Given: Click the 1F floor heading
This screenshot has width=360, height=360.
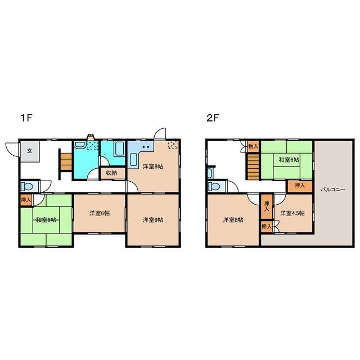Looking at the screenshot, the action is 26,118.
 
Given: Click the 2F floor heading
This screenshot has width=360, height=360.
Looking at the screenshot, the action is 213,118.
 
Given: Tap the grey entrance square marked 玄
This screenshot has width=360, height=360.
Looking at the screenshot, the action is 30,151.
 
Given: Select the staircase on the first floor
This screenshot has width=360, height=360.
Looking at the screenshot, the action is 66,161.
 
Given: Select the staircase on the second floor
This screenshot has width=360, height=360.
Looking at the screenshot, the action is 253,166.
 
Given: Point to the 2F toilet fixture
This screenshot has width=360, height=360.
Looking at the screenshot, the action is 214,186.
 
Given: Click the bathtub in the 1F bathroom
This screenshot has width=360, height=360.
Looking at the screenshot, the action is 120,148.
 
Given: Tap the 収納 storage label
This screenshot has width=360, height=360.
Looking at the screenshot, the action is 111,173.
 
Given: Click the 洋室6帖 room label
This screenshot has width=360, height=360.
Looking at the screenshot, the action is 100,213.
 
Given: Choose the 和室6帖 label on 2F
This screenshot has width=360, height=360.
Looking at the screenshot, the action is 289,160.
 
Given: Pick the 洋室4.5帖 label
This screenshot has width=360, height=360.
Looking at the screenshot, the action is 292,213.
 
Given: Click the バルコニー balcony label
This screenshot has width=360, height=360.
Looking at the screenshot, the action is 333,190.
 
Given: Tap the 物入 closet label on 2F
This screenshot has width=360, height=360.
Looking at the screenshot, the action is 254,146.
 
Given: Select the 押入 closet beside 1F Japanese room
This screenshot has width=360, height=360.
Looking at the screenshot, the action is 26,200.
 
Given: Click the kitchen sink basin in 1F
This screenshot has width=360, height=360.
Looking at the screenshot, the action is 133,159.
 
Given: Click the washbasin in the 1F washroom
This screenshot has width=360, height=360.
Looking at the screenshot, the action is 80,145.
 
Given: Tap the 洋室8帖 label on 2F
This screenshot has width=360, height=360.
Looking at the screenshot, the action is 233,220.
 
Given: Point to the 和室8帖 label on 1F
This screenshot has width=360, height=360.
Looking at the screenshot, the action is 46,220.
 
